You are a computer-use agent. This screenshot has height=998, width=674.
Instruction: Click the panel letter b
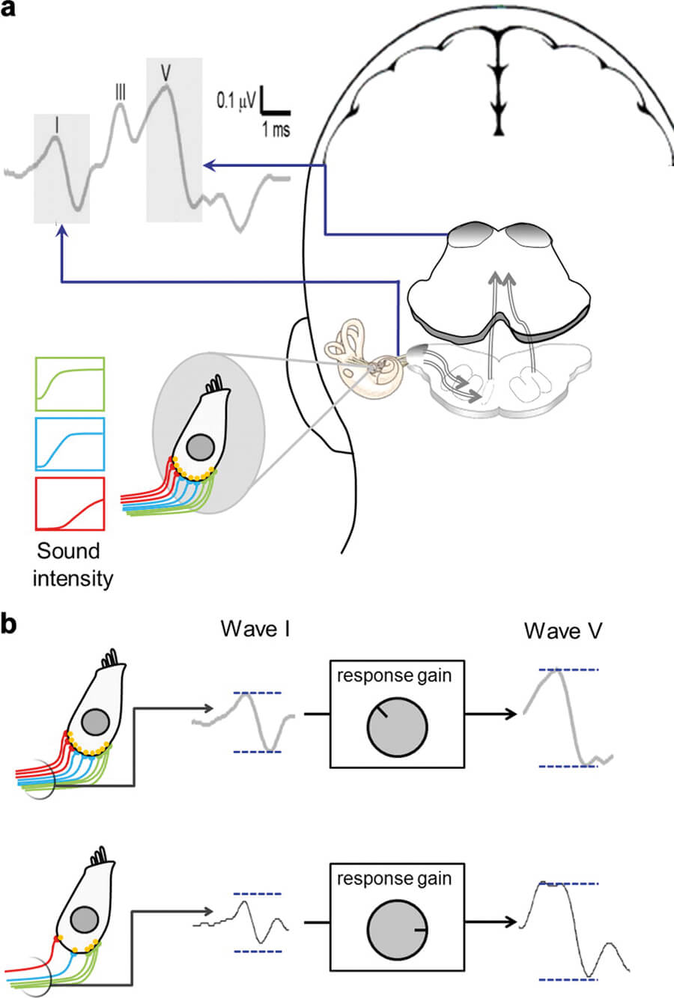(x=10, y=624)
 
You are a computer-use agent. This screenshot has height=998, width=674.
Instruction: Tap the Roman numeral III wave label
(x=120, y=91)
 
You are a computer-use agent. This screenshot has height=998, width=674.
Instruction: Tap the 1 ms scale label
(x=275, y=130)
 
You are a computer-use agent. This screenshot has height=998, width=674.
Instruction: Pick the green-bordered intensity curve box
(x=70, y=383)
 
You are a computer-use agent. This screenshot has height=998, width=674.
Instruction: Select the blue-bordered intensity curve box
(x=70, y=443)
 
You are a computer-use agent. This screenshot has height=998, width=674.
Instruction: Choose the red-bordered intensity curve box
(x=70, y=503)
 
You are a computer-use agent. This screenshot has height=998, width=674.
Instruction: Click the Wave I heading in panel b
(x=255, y=629)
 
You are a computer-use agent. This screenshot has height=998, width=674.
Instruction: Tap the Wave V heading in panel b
(x=562, y=630)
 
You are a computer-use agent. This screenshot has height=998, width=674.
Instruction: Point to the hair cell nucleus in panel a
(x=201, y=448)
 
